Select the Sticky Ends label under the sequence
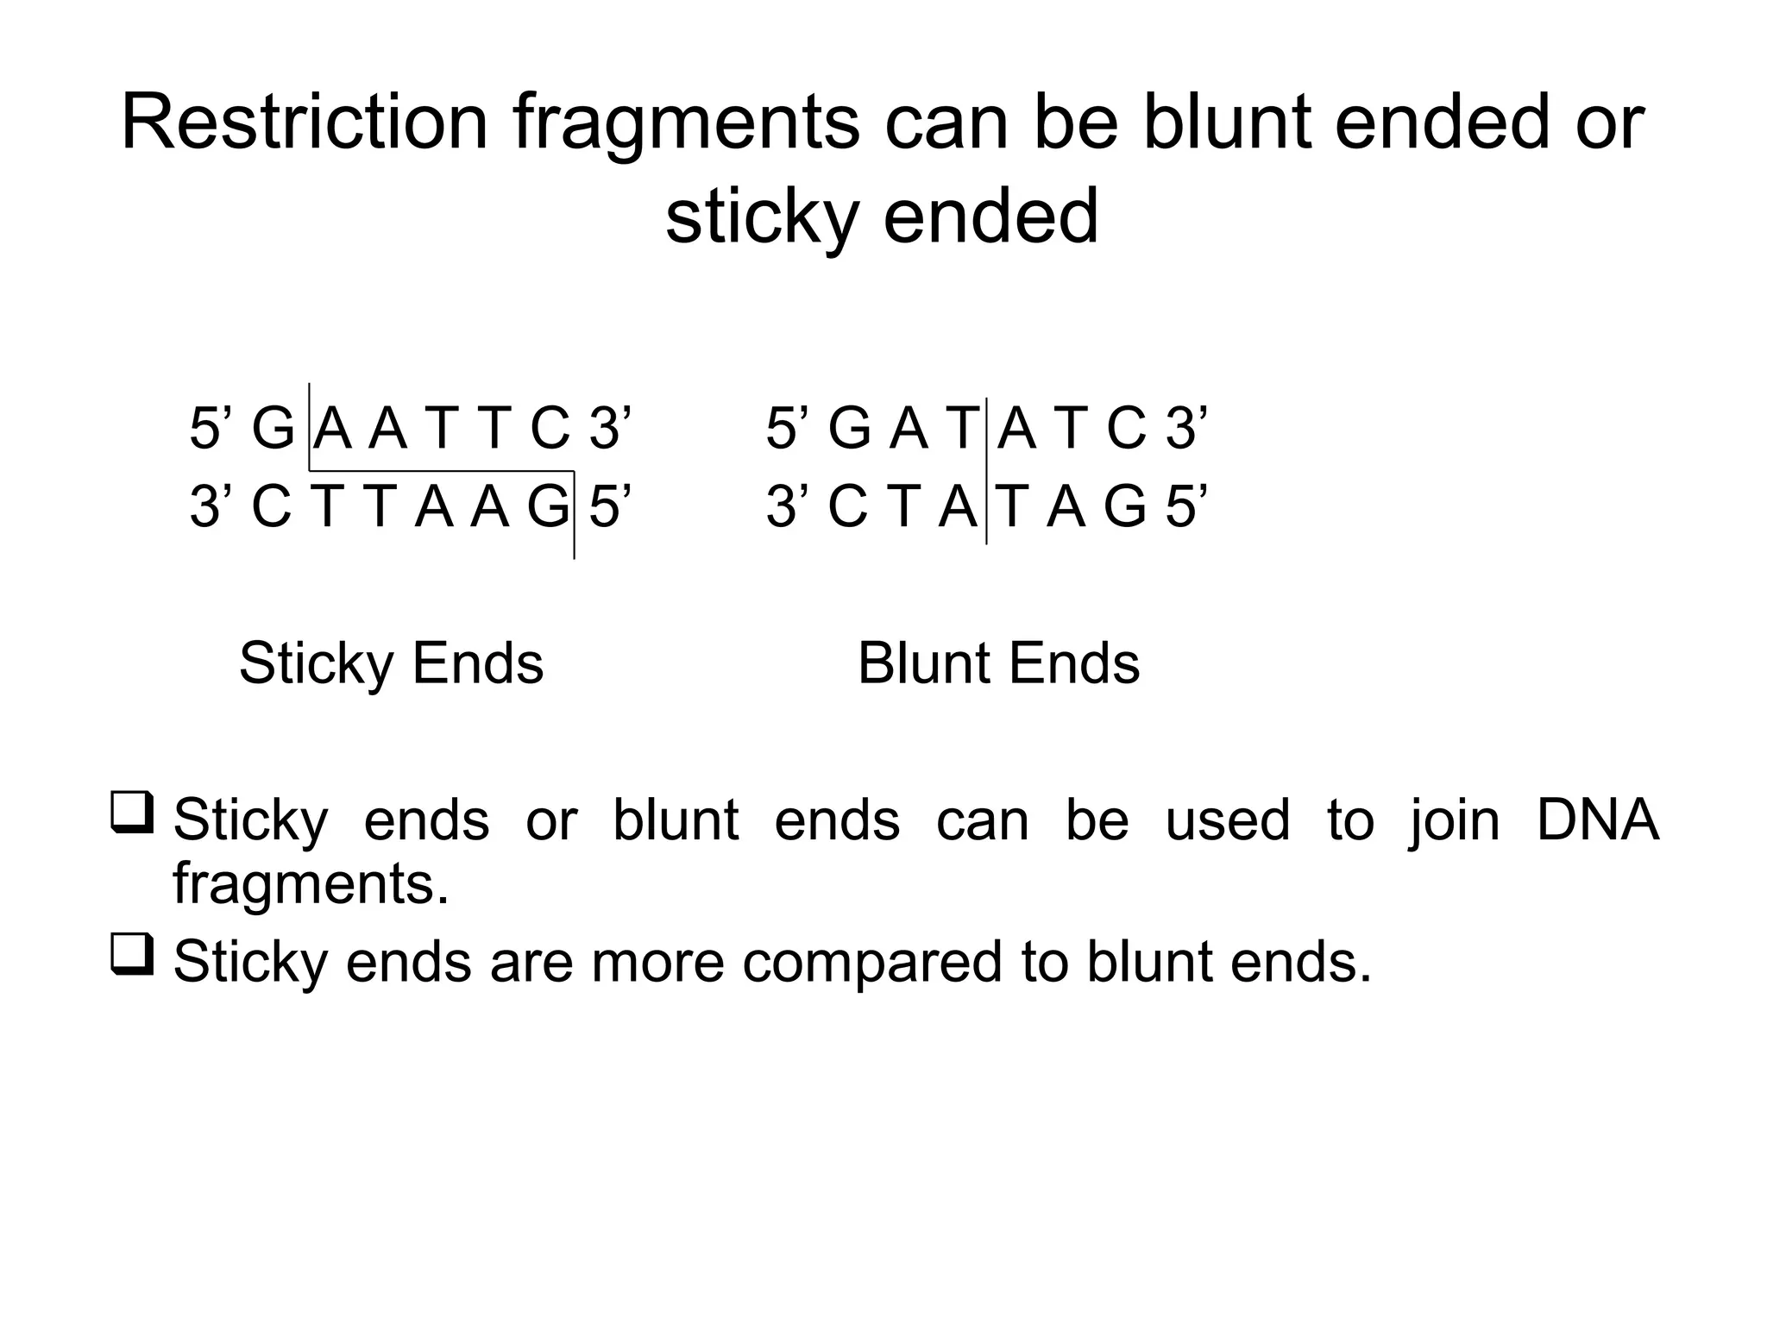point(391,664)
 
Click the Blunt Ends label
point(998,664)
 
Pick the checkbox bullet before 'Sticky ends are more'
point(132,954)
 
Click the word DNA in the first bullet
point(1597,819)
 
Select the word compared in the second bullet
point(871,963)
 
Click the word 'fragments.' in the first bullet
point(311,885)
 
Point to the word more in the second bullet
point(657,963)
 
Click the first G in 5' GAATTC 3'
point(273,429)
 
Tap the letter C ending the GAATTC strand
point(550,429)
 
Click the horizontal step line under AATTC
point(441,471)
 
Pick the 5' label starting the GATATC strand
point(784,429)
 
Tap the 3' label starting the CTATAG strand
point(784,507)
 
